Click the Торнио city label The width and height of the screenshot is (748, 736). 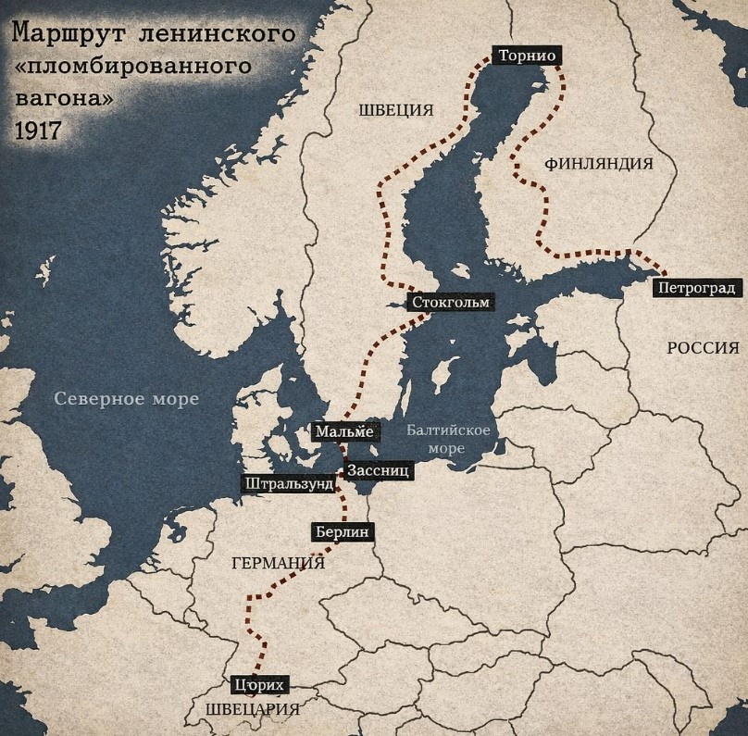pyautogui.click(x=526, y=56)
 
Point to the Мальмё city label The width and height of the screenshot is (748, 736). pyautogui.click(x=344, y=431)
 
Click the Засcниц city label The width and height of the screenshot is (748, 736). pyautogui.click(x=379, y=471)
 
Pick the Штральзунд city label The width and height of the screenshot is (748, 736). pyautogui.click(x=288, y=484)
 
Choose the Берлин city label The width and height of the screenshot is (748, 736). pyautogui.click(x=342, y=532)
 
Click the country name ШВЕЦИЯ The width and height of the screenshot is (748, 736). pyautogui.click(x=396, y=110)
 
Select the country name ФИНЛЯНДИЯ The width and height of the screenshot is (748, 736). pyautogui.click(x=599, y=164)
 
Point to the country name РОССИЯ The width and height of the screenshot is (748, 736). pyautogui.click(x=703, y=348)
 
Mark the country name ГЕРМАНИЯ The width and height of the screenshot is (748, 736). pyautogui.click(x=278, y=564)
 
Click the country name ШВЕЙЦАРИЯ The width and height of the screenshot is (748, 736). pyautogui.click(x=253, y=710)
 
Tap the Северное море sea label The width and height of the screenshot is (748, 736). pyautogui.click(x=127, y=399)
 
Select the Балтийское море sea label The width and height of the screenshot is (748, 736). pyautogui.click(x=448, y=439)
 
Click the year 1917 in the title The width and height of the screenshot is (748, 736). pyautogui.click(x=37, y=129)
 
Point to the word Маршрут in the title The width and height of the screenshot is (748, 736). pyautogui.click(x=69, y=36)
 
